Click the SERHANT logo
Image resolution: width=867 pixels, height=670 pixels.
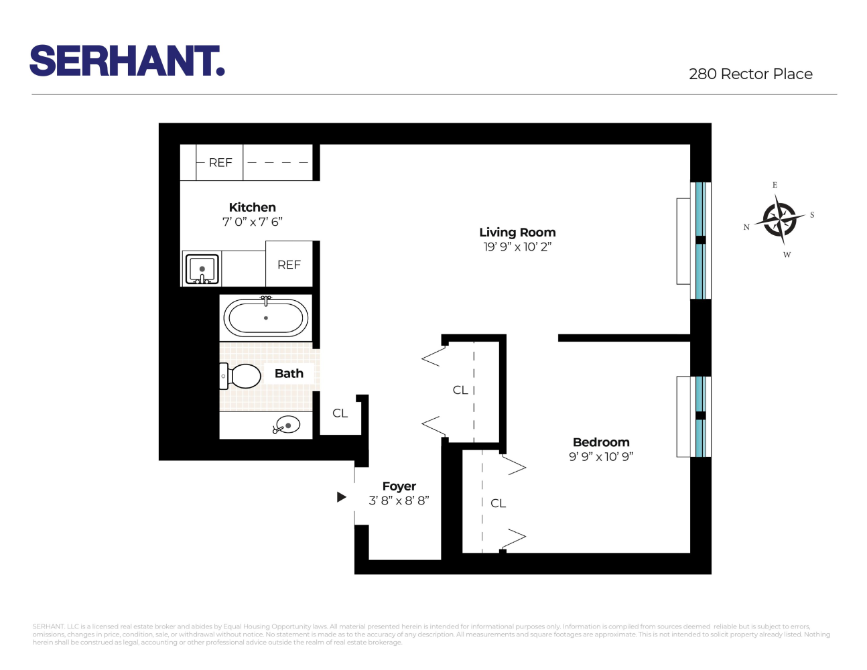coord(127,61)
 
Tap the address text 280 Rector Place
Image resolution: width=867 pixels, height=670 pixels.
coord(750,74)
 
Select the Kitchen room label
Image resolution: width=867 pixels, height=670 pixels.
coord(253,208)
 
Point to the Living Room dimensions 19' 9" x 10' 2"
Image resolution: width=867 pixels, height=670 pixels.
coord(517,247)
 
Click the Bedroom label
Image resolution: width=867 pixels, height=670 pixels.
coord(601,442)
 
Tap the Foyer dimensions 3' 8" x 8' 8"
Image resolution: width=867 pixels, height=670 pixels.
coord(399,500)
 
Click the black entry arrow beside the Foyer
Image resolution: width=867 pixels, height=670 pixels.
coord(342,497)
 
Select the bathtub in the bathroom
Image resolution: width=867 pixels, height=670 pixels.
coord(266,318)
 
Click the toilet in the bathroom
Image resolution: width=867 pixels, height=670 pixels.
coord(241,377)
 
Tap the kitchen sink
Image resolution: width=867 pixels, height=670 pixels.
coord(202,269)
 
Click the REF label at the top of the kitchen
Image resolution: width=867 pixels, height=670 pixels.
coord(220,163)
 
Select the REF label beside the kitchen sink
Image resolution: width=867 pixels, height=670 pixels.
coord(289,265)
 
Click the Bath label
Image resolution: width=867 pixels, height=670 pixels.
coord(289,374)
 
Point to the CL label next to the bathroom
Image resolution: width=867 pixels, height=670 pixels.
coord(340,413)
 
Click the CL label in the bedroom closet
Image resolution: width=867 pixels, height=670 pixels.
coord(498,503)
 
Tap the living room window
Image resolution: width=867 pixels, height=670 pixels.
coord(700,240)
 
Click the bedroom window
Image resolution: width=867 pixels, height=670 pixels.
coord(700,416)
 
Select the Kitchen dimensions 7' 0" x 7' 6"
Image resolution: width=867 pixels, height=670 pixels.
coord(253,222)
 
